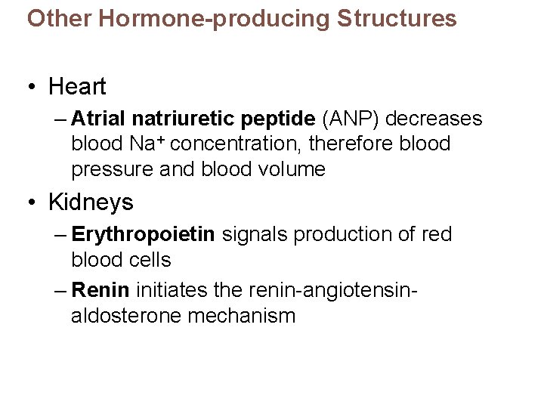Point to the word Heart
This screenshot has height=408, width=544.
coord(77,87)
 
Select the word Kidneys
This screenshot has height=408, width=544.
coord(91,202)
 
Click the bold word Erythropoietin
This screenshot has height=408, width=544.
coord(143,235)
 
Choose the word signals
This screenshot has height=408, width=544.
coord(255,235)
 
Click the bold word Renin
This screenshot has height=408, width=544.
coord(102,288)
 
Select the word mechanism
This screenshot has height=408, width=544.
coord(242,314)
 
